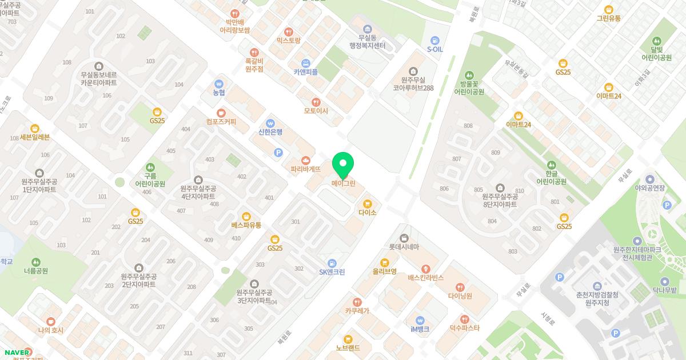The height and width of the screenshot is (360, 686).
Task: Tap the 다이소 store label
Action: coord(368,213)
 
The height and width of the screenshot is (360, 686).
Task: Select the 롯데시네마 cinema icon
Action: coord(404,238)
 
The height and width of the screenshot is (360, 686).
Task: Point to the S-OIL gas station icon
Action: coord(435,41)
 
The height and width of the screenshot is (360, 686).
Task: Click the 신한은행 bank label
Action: coord(270,132)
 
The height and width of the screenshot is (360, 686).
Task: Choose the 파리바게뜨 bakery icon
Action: coord(306,160)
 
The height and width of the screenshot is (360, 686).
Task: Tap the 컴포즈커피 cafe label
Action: coord(221,122)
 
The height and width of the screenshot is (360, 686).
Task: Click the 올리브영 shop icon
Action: coord(385,262)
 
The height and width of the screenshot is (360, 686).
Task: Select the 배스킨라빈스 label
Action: coord(426,278)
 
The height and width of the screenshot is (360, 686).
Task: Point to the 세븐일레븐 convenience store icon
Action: coord(35,129)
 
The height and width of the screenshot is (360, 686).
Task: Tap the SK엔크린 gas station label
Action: coord(332,272)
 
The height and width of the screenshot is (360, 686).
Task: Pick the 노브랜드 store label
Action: coord(348,347)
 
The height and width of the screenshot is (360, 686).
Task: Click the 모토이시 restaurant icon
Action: coord(316,102)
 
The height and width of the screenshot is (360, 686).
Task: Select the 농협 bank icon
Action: coord(219,83)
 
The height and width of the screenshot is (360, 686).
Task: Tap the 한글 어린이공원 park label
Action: coord(551,177)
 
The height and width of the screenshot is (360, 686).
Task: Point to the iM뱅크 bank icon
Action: coord(420,320)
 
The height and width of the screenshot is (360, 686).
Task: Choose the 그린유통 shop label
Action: coord(609,18)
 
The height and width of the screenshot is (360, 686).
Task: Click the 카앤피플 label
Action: coord(306,72)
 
